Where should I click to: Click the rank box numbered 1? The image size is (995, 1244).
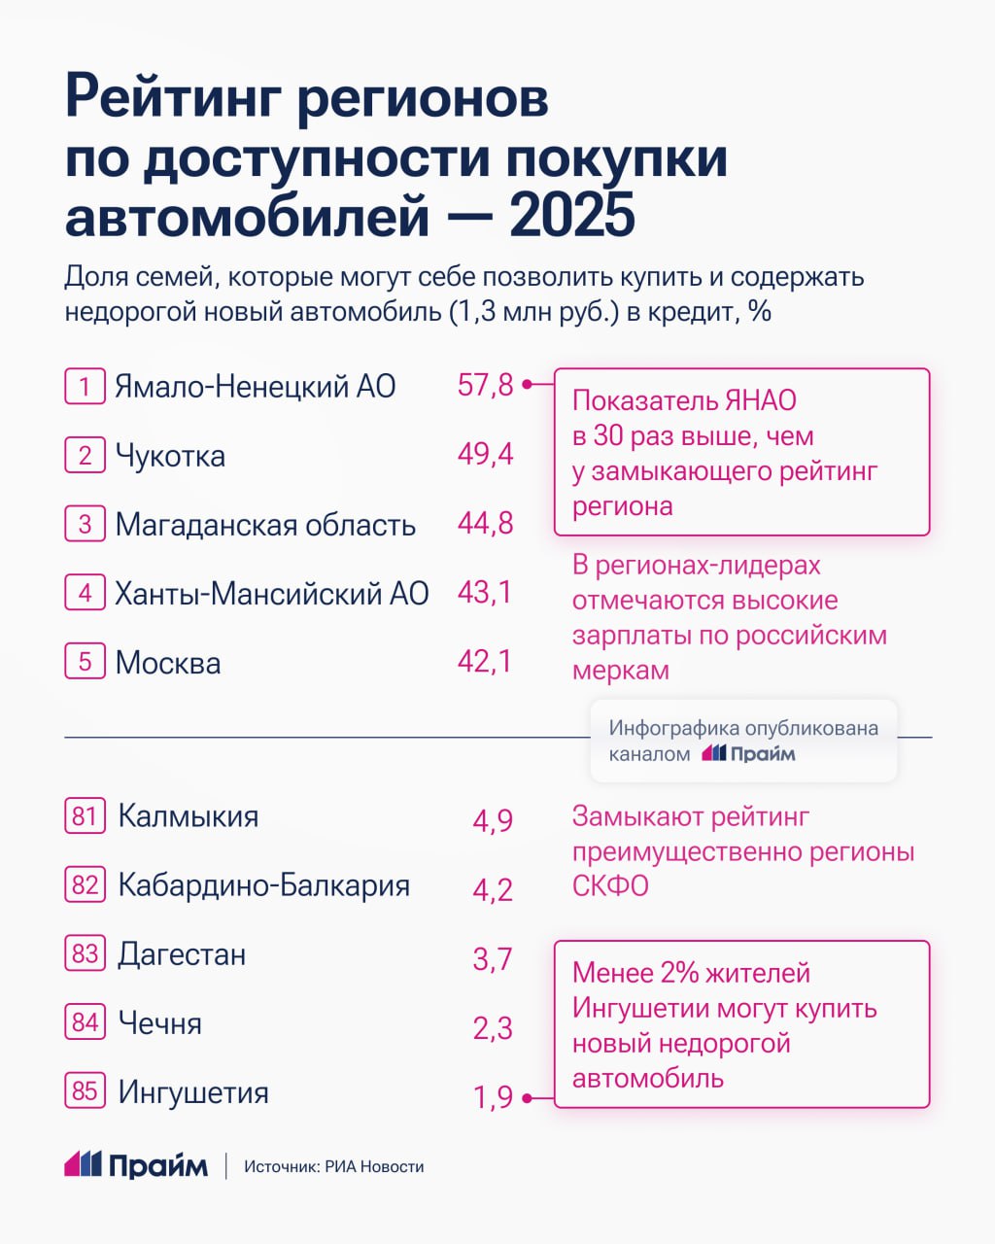coord(85,386)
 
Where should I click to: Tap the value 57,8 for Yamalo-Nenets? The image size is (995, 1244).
coord(485,386)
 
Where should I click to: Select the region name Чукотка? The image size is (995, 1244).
coord(170,456)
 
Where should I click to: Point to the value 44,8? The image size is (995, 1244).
coord(485,524)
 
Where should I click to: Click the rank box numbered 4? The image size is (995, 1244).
coord(85,593)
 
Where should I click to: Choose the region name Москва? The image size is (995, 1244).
coord(168,663)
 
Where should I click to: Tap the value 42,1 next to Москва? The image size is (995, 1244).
coord(485,662)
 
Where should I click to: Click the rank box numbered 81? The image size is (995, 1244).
coord(85,815)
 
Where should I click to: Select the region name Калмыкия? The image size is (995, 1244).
coord(188,816)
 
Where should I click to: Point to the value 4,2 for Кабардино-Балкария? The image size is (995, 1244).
coord(493,889)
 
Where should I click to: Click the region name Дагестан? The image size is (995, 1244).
coord(182,954)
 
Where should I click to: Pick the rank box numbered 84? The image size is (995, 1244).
coord(85,1022)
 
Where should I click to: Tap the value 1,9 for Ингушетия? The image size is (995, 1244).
coord(493,1097)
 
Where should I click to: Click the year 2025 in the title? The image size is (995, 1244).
coord(572,216)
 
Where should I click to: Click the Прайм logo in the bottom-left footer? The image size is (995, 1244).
coord(136,1164)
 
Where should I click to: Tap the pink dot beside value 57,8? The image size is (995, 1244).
coord(526,385)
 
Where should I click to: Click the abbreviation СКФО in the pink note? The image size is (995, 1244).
coord(610,886)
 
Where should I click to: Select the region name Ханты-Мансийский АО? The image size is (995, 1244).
coord(271,593)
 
